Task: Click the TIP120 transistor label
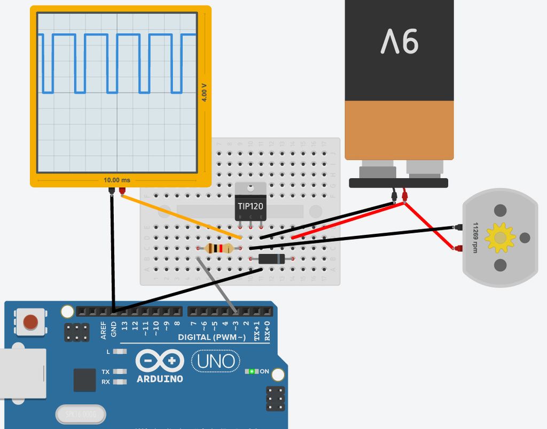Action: tap(250, 205)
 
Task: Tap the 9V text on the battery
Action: tap(399, 41)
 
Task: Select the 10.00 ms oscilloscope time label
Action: tap(116, 180)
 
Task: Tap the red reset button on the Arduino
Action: tap(31, 322)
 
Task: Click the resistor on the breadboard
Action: tap(218, 248)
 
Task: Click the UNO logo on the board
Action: tap(216, 361)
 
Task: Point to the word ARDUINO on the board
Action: tap(160, 379)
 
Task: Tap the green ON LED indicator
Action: tap(251, 371)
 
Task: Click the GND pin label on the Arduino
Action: tap(114, 328)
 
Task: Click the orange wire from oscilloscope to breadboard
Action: tap(182, 217)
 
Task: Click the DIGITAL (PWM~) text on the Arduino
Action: tap(212, 338)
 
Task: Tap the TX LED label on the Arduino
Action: tap(106, 371)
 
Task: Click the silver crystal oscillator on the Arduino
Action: tap(81, 414)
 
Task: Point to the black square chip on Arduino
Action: tap(84, 379)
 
